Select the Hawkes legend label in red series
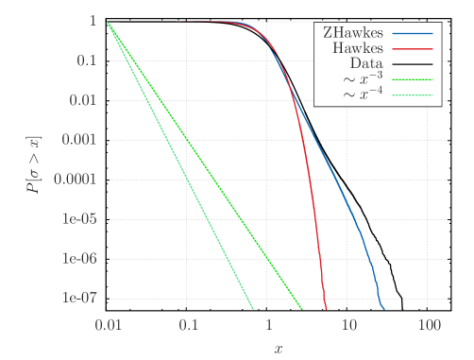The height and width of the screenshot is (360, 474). [359, 47]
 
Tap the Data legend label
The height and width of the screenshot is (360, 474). [366, 63]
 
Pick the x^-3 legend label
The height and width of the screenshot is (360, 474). [363, 79]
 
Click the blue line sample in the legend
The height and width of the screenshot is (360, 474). [414, 32]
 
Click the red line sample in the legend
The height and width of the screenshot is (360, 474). [414, 47]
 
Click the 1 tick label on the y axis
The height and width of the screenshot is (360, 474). [93, 21]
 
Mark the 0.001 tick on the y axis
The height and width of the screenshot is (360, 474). [79, 140]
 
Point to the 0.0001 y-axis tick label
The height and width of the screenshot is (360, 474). [76, 180]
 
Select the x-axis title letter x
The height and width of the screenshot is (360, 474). [278, 348]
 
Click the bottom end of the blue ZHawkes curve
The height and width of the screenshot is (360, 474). [383, 308]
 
